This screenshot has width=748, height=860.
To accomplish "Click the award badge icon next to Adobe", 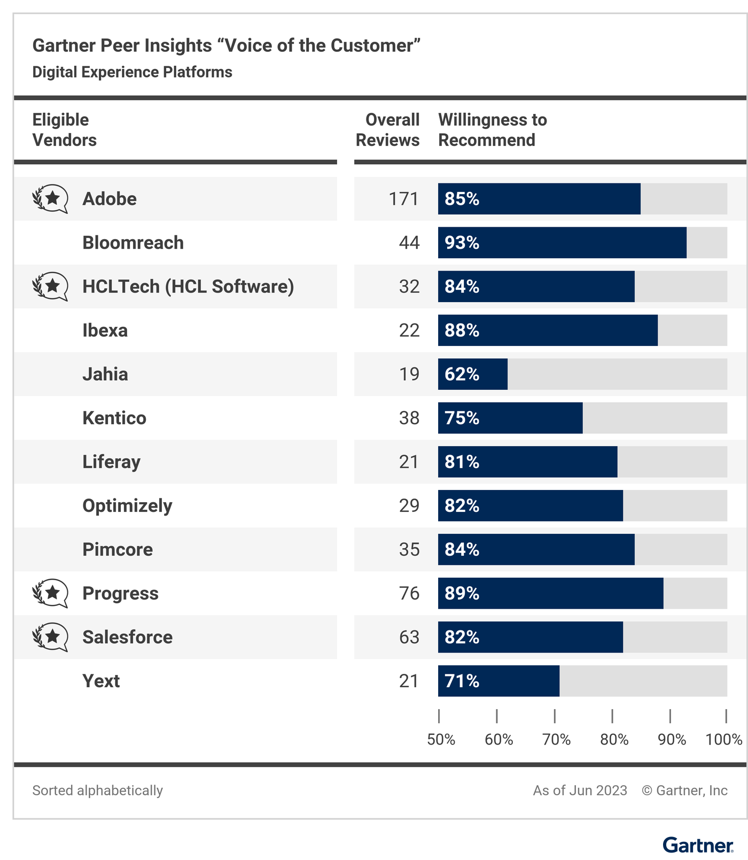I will pos(50,199).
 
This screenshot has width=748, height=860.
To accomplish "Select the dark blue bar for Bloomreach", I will pos(562,243).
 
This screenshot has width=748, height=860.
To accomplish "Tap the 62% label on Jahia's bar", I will pos(462,374).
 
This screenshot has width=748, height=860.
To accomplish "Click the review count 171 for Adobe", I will pos(403,199).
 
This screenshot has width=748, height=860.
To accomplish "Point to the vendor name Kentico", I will pos(114,418).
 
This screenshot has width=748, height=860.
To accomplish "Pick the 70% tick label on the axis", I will pos(556,740).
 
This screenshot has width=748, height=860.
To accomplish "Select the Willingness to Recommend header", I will pos(493,130).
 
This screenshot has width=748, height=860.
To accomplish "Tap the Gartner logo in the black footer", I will pos(698,846).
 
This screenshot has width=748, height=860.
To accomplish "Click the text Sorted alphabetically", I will pos(98,790).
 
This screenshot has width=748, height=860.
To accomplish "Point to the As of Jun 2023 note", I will pos(580,790).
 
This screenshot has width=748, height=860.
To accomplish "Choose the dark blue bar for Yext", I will pos(498,681).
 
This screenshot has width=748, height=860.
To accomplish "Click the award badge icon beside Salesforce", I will pos(50,638).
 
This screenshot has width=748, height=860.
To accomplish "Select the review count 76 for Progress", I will pos(409,594).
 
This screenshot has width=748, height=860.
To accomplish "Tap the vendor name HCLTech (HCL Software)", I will pos(188,287).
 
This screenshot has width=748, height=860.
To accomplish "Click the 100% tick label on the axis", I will pos(724,740).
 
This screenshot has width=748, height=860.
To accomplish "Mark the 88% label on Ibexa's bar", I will pos(462,331).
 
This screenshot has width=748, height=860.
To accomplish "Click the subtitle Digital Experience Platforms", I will pos(133,72).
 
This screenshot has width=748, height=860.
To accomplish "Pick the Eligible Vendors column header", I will pos(64,130).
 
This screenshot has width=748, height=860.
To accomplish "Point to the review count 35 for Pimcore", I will pos(409,550).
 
